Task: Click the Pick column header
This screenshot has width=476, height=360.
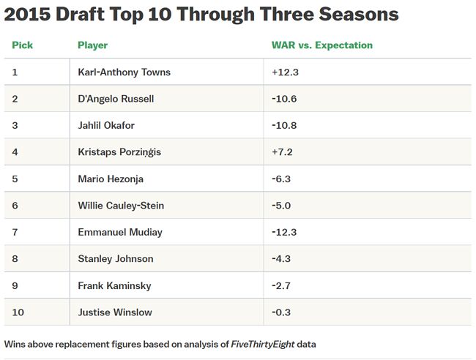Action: point(22,45)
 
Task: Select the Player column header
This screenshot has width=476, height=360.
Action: point(92,45)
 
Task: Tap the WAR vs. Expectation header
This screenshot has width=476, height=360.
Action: point(321,45)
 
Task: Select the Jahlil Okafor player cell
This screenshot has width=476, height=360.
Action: point(108,125)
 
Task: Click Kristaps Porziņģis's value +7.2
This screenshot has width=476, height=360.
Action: point(281,152)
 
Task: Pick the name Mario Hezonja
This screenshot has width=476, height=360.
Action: point(111,179)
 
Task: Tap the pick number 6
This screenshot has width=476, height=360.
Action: point(15,206)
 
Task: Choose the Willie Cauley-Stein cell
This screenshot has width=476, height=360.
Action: point(121,206)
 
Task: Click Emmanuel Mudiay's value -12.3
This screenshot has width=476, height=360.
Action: point(283,232)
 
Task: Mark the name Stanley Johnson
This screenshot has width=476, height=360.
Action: point(115,258)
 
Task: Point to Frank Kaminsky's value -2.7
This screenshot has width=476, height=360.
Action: point(281,285)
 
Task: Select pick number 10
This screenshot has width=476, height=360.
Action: point(18,312)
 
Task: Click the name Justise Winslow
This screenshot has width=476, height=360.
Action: point(115,312)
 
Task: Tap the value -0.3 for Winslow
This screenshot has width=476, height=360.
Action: point(281,312)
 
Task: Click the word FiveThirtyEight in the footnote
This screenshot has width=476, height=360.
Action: point(271,343)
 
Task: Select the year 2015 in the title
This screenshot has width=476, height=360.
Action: point(31,14)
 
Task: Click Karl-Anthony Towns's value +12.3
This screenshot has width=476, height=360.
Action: point(283,72)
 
